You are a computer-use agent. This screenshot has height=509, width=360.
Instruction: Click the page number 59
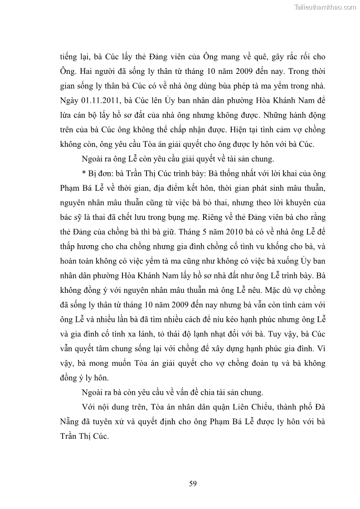click(193, 484)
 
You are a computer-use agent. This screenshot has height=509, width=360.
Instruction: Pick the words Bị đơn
click(102, 174)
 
